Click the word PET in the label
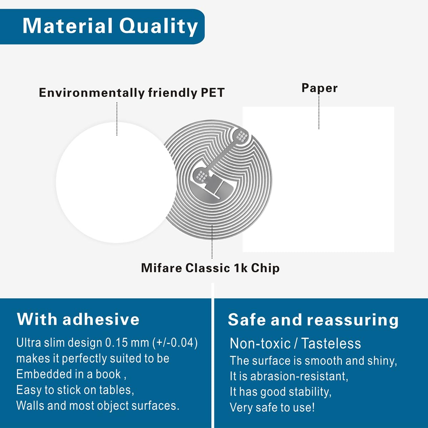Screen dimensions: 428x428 pos(213,93)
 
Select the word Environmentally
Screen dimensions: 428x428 pos(92,93)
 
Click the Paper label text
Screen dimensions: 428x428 pos(319,88)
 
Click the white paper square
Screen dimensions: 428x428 pos(318,179)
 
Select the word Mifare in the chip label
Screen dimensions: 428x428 pos(162,268)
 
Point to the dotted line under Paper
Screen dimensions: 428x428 pos(319,112)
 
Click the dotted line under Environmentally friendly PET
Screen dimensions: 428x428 pos(117,119)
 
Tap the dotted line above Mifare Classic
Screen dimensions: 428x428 pos(212,242)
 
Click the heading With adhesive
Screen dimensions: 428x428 pos(78,319)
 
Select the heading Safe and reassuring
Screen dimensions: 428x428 pos(314,320)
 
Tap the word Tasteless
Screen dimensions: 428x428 pos(331,343)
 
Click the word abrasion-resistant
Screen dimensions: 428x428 pos(299,376)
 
